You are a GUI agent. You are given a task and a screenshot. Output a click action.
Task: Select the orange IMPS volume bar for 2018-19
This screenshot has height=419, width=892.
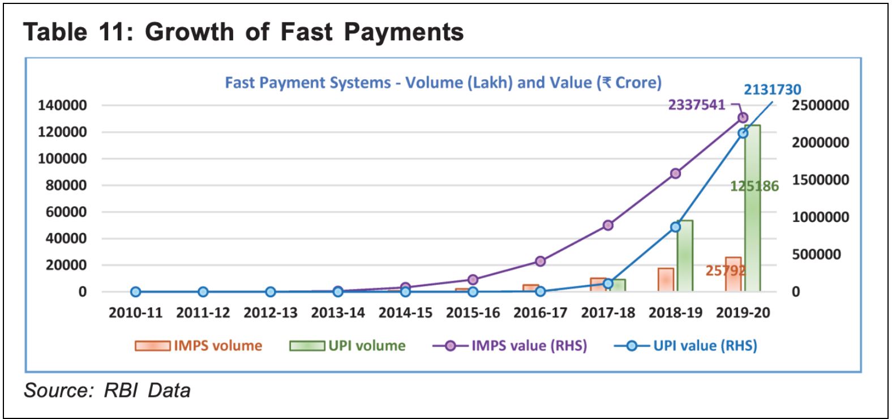point(666,280)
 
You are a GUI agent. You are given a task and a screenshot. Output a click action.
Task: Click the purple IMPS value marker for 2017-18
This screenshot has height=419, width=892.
point(608,225)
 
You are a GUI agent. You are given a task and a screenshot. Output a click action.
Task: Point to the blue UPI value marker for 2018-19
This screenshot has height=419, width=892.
point(675,227)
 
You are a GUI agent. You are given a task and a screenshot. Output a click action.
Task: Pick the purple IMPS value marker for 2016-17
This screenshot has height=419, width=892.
point(541,261)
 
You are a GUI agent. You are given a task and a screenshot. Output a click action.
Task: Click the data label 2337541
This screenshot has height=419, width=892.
point(696,105)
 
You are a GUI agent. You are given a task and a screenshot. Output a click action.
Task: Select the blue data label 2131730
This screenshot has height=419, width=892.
point(772,89)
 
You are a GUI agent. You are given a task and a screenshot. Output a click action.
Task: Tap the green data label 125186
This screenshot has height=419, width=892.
point(754,186)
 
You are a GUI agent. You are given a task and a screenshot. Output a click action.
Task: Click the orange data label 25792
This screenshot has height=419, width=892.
point(725,271)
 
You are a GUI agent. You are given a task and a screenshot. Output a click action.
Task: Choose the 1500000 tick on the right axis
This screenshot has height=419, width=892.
point(820,180)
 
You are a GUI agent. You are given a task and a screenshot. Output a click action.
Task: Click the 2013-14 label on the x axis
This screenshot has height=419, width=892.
point(338,313)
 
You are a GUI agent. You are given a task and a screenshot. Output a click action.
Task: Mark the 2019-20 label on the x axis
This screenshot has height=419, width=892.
point(743,313)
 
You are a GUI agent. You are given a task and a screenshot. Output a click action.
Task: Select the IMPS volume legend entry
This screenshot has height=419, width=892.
point(199,345)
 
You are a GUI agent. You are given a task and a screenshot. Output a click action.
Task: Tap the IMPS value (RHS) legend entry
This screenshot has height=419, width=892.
point(509,345)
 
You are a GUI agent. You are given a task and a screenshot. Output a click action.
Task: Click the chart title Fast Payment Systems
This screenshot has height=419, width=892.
point(443,83)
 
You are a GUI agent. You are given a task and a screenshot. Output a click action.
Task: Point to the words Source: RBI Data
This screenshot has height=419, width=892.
point(107,391)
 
